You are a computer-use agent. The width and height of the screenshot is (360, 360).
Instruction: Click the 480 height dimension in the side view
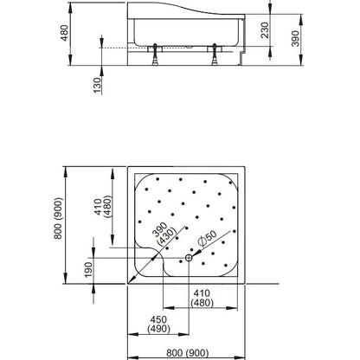(64, 33)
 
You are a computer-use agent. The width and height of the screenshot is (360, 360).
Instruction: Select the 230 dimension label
(265, 30)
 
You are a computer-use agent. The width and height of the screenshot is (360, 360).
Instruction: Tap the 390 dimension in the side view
(296, 38)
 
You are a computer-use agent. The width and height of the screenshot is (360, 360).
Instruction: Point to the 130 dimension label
(98, 85)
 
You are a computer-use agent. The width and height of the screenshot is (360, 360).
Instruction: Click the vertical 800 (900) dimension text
(58, 218)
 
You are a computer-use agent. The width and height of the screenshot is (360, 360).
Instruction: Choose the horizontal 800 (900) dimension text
(187, 353)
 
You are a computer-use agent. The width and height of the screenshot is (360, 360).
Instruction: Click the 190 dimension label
(89, 269)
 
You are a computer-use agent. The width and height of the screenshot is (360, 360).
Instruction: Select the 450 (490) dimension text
(158, 325)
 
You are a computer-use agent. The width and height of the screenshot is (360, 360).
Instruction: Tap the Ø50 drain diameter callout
(207, 239)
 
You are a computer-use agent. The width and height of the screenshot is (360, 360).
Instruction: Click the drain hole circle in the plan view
(189, 258)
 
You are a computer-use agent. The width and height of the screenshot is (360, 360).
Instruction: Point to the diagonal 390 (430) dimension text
(164, 234)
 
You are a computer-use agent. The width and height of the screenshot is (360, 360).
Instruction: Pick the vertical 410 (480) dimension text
(103, 207)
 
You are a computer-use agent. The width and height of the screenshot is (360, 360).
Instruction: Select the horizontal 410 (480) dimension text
(202, 298)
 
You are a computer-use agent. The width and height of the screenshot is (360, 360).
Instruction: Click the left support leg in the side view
(155, 55)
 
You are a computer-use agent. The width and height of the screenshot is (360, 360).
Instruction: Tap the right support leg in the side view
(215, 55)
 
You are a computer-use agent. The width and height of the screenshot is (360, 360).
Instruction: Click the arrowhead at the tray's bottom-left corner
(132, 280)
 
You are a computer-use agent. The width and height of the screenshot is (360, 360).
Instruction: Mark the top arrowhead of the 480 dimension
(70, 8)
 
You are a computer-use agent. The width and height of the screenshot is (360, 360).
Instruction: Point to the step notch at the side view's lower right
(242, 59)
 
